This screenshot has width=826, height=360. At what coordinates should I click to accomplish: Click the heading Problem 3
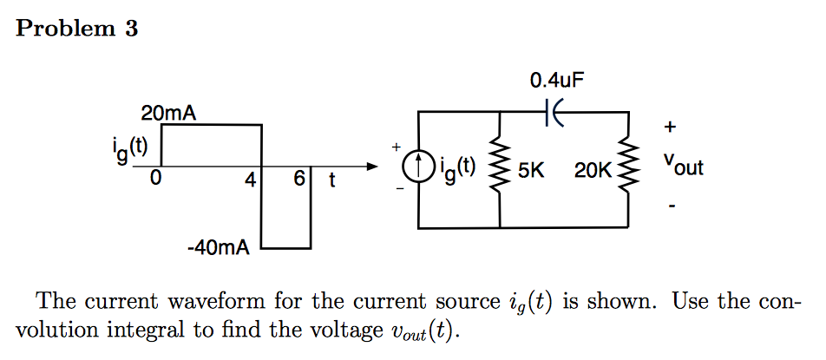[x=77, y=29]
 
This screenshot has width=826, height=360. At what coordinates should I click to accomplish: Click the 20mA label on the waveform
[x=168, y=113]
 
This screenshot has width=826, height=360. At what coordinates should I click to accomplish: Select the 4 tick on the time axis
[x=251, y=180]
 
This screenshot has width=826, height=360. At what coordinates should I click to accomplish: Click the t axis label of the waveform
[x=331, y=180]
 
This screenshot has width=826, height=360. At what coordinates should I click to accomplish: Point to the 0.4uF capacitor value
[x=556, y=82]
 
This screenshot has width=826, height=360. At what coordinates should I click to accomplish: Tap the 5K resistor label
[x=530, y=170]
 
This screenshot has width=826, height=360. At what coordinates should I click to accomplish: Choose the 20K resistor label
[x=593, y=170]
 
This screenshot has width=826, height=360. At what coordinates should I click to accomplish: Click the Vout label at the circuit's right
[x=683, y=165]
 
